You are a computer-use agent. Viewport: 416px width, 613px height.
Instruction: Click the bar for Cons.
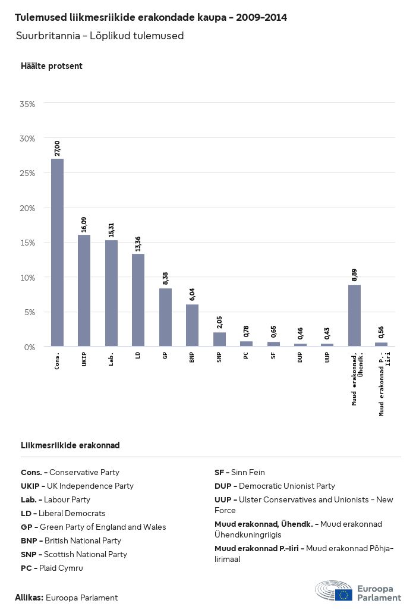(57, 252)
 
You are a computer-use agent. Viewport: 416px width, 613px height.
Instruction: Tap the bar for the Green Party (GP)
(165, 317)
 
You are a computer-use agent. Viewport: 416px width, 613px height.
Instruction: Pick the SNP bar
(219, 339)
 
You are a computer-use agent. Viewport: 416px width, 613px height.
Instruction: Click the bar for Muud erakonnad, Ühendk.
(354, 315)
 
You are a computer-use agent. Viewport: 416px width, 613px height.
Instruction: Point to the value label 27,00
(57, 148)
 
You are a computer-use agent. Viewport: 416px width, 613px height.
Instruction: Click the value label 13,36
(138, 244)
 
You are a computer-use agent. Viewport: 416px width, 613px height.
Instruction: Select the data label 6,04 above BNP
(192, 294)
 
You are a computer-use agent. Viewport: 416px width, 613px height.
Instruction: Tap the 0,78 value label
(246, 331)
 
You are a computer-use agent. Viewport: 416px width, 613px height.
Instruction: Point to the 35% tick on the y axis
(27, 104)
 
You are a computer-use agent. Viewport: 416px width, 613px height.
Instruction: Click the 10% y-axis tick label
(27, 278)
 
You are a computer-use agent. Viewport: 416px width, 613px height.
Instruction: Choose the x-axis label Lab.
(111, 360)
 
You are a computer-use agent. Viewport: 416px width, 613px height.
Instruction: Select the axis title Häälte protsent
(52, 66)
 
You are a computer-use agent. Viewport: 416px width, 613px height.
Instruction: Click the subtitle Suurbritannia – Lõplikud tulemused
(100, 36)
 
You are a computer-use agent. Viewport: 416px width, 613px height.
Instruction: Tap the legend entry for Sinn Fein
(239, 472)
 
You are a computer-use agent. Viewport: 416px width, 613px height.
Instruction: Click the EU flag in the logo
(343, 595)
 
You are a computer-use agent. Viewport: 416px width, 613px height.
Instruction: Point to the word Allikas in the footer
(29, 598)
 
